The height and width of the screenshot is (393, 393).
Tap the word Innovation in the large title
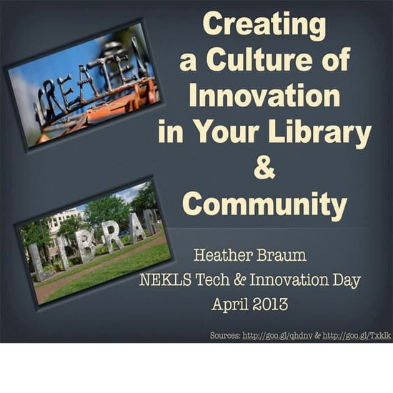point(263,96)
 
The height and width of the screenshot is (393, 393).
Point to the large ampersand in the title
point(264,170)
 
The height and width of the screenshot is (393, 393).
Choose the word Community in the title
point(264,205)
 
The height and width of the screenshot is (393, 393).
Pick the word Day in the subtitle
point(339,279)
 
